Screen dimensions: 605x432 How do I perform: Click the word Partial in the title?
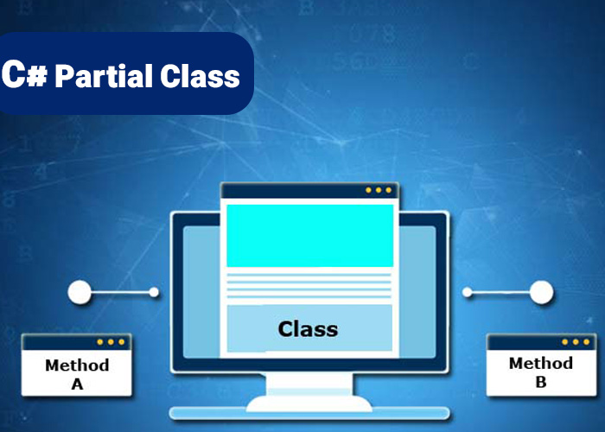104,76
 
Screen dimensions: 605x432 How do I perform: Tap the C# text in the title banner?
25,74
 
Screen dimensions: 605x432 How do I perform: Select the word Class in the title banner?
200,76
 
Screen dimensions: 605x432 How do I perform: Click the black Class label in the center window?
308,329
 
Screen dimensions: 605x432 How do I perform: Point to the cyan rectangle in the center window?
309,236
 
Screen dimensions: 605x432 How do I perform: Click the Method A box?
77,365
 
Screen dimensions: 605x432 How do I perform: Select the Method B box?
541,365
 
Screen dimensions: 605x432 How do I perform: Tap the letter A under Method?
77,384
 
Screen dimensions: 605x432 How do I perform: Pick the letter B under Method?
541,382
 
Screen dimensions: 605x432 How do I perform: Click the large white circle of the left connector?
80,292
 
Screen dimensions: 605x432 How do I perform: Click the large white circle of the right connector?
541,292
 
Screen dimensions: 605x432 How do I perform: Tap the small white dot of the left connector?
154,292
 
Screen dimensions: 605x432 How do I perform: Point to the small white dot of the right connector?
468,292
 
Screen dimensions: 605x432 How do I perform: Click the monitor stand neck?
309,384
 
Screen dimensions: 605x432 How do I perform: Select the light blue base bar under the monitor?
309,414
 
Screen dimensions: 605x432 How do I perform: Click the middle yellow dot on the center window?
379,190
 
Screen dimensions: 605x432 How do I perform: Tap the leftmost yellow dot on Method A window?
100,342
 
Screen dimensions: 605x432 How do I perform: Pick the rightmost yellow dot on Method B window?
587,342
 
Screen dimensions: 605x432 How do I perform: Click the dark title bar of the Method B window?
541,342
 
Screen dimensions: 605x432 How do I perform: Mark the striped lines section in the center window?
309,286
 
